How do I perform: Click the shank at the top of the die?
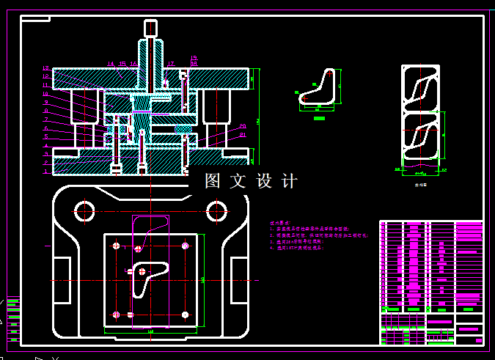[x=150, y=29]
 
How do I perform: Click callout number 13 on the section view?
[x=45, y=68]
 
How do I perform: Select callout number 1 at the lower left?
[x=45, y=172]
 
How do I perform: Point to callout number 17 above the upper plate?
[x=171, y=64]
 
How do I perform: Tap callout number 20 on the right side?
[x=243, y=126]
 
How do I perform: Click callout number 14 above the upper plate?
[x=111, y=64]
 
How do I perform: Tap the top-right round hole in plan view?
[x=216, y=212]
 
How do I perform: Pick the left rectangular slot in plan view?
[x=62, y=279]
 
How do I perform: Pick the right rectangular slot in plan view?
[x=239, y=279]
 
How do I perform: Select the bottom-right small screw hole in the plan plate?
[x=186, y=315]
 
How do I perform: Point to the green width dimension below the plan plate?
[x=150, y=332]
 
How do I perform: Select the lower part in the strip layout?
[x=421, y=139]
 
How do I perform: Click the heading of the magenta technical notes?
[x=279, y=221]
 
